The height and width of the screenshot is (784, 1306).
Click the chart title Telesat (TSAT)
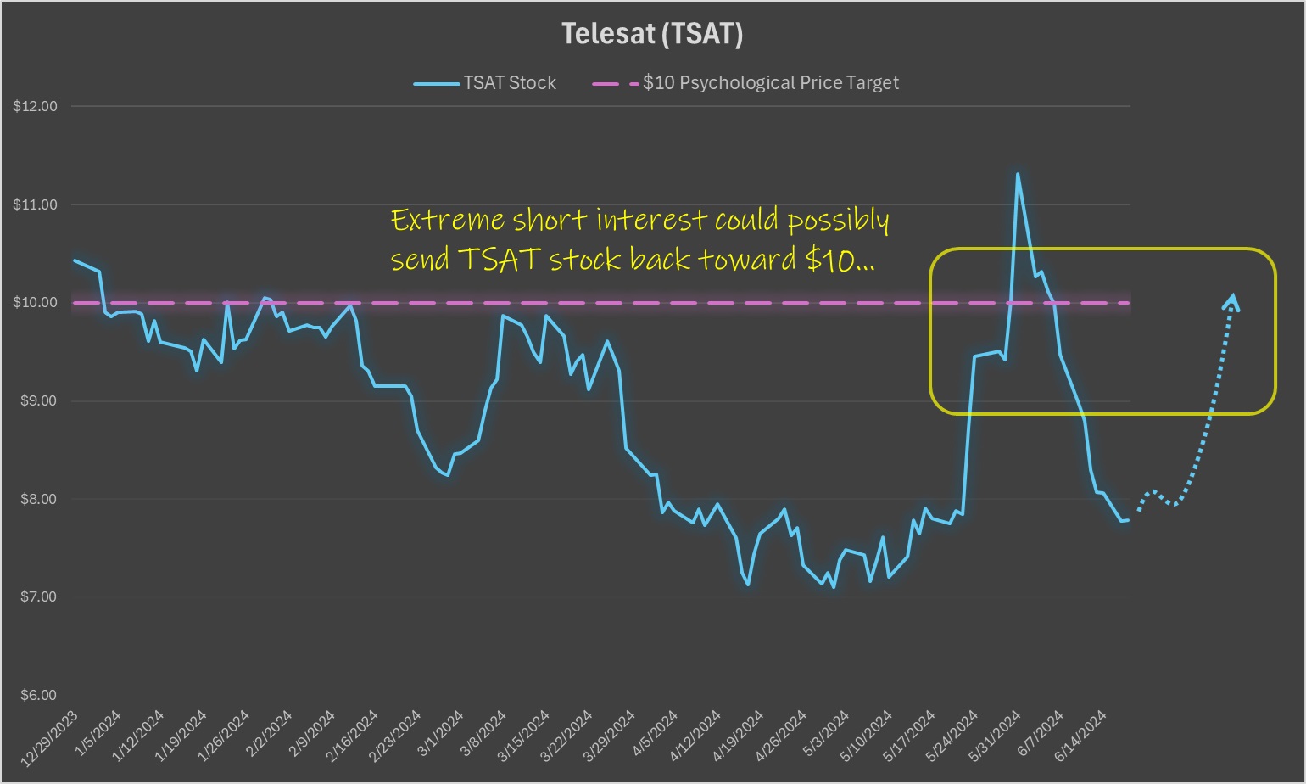pyautogui.click(x=652, y=34)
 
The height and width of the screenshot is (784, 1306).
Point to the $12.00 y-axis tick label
pyautogui.click(x=36, y=107)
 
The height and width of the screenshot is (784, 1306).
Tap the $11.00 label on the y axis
pyautogui.click(x=36, y=204)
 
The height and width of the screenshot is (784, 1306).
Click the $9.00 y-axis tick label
pyautogui.click(x=36, y=401)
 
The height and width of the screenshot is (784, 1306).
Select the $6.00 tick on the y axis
pyautogui.click(x=36, y=696)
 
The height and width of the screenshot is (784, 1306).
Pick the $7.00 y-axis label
pyautogui.click(x=36, y=597)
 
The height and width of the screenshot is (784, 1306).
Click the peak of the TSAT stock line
pyautogui.click(x=1018, y=175)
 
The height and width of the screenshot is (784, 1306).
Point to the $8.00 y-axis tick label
pyautogui.click(x=36, y=500)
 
